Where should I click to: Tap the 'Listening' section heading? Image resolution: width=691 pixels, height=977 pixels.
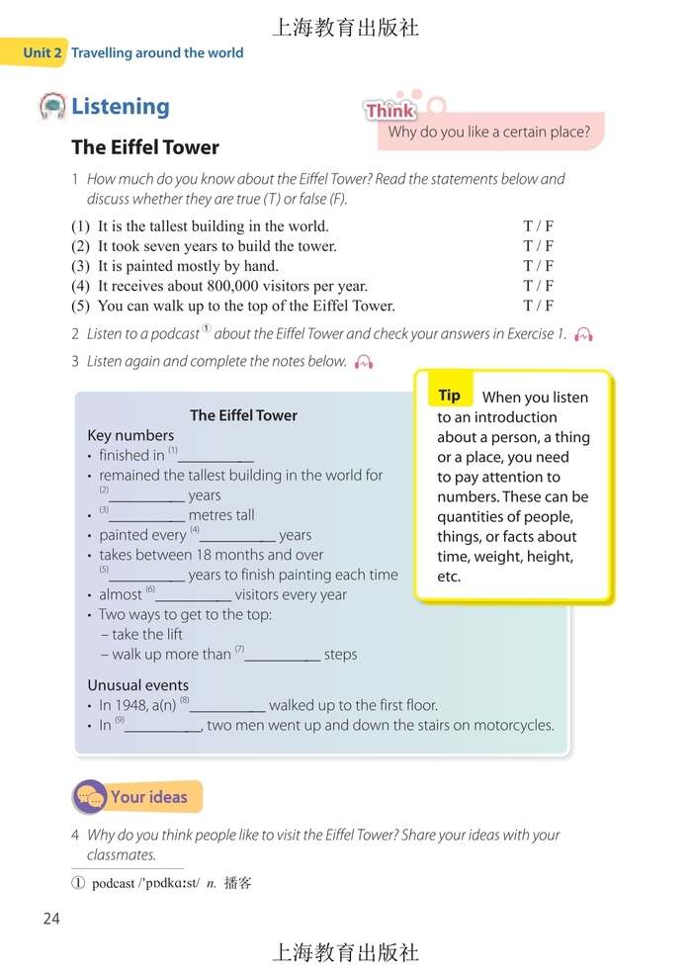[120, 107]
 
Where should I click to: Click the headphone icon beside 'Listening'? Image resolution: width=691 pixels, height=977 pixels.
[52, 106]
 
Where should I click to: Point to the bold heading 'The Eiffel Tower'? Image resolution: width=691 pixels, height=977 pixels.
[145, 147]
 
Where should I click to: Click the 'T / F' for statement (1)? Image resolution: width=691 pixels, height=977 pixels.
[538, 226]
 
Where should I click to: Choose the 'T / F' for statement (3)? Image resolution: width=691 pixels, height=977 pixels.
[538, 266]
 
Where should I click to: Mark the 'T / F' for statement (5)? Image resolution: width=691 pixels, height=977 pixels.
[538, 306]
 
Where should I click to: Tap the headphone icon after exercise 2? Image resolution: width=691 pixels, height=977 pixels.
[583, 334]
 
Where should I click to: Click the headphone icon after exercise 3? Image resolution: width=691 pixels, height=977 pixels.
[364, 362]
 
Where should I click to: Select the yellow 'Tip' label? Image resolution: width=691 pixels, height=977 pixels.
[450, 396]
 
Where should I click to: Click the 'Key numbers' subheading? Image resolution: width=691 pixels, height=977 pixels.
[130, 435]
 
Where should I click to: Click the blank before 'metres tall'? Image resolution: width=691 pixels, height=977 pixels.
[146, 516]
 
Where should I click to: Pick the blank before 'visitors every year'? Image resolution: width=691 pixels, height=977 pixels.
[194, 596]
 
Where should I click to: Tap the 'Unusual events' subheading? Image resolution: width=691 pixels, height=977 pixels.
[137, 685]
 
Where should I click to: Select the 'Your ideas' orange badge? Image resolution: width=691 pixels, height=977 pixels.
[138, 797]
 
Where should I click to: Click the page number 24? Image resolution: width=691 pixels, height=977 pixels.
[51, 919]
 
